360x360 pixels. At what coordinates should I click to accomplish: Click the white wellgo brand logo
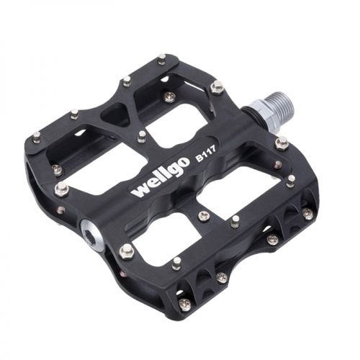pos(160,176)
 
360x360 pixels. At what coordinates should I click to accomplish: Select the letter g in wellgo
pos(172,171)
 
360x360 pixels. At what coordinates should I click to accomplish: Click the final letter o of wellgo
pos(184,162)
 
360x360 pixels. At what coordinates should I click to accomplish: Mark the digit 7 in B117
pos(214,149)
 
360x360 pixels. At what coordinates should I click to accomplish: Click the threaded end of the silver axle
pos(284,107)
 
